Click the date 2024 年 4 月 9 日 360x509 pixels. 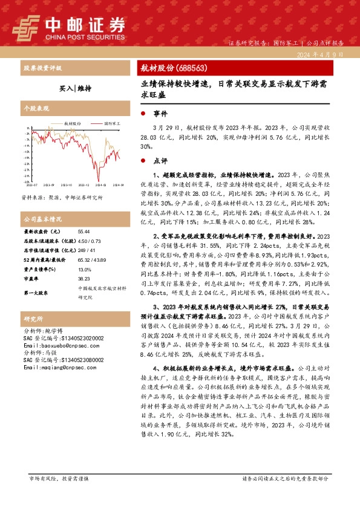coord(321,54)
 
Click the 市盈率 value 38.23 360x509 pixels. coord(83,279)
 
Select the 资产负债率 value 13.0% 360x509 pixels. coord(84,270)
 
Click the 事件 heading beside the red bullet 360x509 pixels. coord(160,113)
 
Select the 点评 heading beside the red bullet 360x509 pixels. coord(160,161)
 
